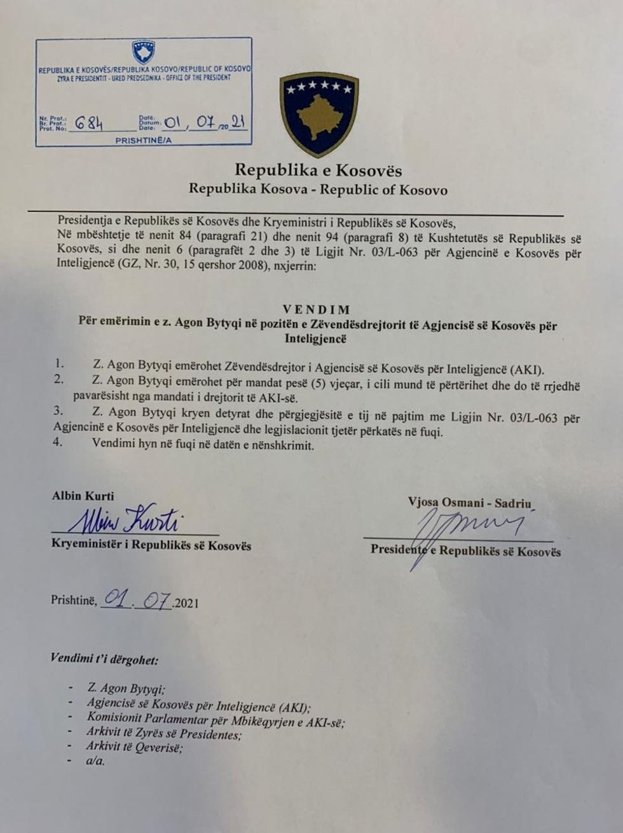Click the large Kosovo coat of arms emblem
coord(319,115)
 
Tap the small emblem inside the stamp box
coord(142,52)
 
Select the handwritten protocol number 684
coord(88,123)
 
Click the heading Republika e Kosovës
coord(318,170)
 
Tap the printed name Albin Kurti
coord(83,496)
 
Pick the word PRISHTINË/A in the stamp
coord(144,139)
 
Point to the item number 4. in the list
coord(58,444)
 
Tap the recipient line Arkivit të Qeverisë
coord(134,748)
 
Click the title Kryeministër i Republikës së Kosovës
coord(151,545)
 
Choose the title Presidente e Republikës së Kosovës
coord(466,551)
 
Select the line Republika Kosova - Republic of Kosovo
coord(318,190)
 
